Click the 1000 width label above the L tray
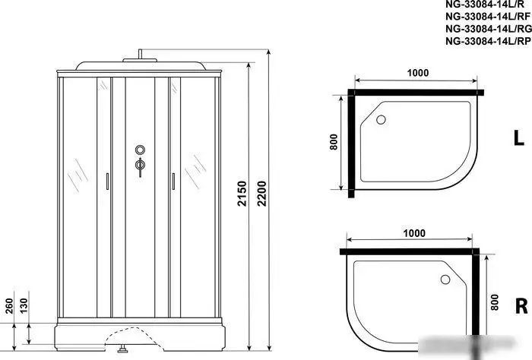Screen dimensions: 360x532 416,73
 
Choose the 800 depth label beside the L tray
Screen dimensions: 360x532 333,144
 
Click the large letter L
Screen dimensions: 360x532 518,139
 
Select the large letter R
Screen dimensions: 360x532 521,307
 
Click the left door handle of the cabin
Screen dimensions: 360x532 107,182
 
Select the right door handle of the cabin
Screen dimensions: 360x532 173,182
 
